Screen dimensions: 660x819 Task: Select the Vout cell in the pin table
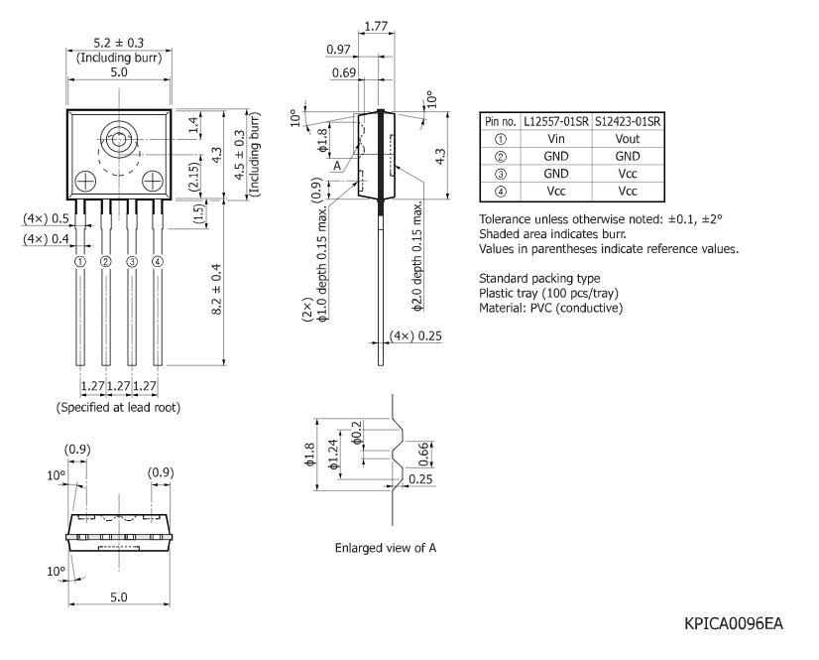coord(627,139)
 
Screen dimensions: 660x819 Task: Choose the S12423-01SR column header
coord(628,121)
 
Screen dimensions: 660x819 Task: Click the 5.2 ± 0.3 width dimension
coord(117,43)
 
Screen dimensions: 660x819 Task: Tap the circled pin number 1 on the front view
coord(79,262)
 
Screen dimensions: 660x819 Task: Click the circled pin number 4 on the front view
coord(157,262)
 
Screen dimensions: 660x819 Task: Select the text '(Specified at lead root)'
coord(118,407)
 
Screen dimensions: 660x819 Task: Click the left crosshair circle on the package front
coord(84,181)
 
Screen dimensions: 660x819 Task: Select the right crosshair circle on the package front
coord(152,181)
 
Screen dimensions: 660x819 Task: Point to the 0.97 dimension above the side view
coord(339,50)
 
